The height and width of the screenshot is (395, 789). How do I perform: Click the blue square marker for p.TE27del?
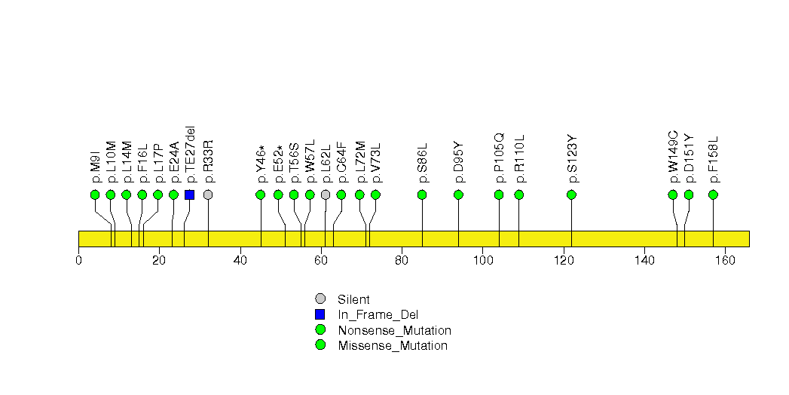click(189, 194)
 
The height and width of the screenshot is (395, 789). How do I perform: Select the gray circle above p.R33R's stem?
click(208, 194)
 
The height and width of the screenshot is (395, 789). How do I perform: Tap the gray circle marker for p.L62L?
click(326, 194)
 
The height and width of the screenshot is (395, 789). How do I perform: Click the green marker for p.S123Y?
click(571, 194)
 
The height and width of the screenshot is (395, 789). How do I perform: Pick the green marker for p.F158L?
click(713, 194)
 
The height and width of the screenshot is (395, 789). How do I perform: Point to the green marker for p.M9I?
click(95, 194)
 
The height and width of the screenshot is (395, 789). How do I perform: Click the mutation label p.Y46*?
click(261, 164)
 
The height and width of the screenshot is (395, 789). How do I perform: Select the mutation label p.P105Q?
click(499, 158)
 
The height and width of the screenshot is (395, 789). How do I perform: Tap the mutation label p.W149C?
click(673, 157)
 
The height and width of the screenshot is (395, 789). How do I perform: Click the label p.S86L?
click(422, 163)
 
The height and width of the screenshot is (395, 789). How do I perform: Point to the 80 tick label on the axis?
click(402, 260)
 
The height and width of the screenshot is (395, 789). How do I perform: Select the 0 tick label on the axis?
click(78, 260)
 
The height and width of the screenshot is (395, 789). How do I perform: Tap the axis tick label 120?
click(564, 260)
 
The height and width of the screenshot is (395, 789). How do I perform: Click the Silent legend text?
click(353, 299)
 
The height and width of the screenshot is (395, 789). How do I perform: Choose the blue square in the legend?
click(320, 314)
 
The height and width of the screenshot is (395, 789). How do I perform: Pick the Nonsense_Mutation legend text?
click(395, 331)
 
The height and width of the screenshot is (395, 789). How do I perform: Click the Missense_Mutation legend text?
click(393, 346)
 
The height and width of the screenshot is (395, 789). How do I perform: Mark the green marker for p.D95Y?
click(458, 194)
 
